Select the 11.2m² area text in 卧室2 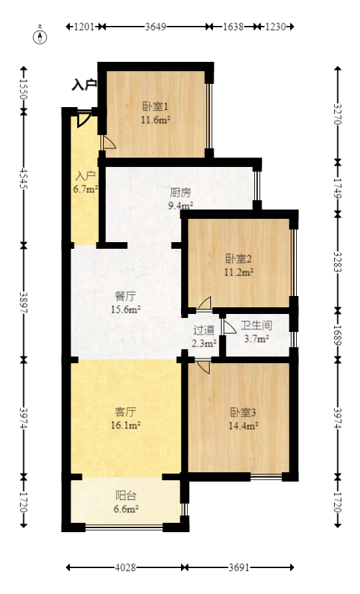(237, 272)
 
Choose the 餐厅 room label (124, 297)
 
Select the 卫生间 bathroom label (256, 326)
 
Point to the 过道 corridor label (204, 330)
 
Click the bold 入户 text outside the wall (85, 85)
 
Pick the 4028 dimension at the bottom (125, 568)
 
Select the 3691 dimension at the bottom (239, 568)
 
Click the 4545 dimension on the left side (25, 178)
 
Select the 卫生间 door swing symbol (230, 327)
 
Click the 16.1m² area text (124, 424)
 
